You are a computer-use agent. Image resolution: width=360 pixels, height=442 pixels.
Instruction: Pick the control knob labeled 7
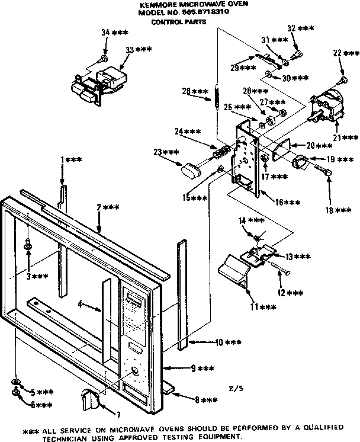click(x=89, y=402)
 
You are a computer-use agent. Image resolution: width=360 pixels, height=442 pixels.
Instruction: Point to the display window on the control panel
click(x=134, y=301)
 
